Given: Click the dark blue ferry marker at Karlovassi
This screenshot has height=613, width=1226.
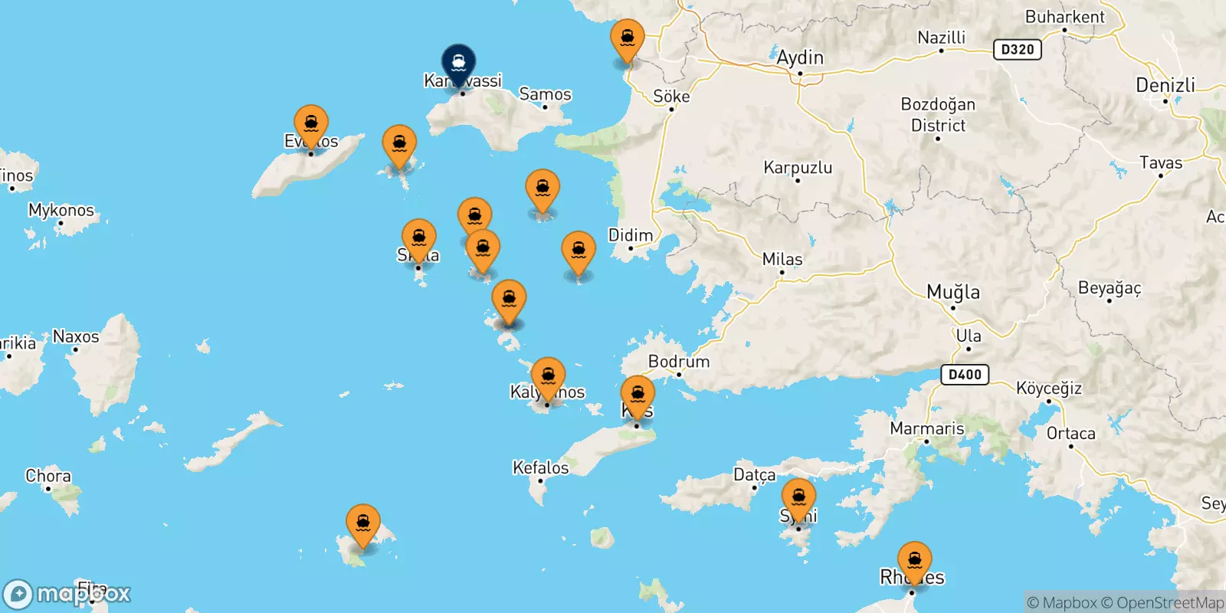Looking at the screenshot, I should pos(458,63).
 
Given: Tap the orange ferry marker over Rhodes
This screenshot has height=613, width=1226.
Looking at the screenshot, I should pos(914,560).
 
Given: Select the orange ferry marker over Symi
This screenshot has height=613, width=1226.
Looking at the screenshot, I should pos(798,497).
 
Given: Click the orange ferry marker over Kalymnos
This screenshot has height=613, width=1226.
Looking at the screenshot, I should pos(548,376).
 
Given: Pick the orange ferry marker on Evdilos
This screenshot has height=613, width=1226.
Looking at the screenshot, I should pos(311,124).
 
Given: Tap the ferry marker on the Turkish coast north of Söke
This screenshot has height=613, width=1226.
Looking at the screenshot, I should pos(627,38).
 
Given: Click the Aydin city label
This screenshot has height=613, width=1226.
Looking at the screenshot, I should pos(800,57).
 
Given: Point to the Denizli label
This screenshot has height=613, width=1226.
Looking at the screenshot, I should pos(1165,85).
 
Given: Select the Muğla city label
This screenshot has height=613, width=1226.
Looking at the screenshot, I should pos(952,292).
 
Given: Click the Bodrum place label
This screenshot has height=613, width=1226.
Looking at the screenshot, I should pos(678,362).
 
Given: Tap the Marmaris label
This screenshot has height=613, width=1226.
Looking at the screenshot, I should pos(926,428).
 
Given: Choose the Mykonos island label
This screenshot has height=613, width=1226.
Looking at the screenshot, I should pos(61,210).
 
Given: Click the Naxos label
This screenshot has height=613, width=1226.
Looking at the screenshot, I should pos(76,336).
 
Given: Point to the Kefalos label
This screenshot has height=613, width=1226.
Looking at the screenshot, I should pos(540,467).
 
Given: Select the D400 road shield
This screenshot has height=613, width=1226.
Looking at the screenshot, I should pos(965,375).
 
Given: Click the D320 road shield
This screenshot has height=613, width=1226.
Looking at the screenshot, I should pos(1018,50).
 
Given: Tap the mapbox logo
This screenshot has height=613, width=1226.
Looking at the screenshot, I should pos(67,594).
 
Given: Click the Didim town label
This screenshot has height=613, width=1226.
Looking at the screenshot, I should pos(631,235).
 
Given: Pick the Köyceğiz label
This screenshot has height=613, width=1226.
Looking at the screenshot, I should pos(1049,388).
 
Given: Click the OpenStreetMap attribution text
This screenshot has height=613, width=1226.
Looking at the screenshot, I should pos(1170,603).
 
